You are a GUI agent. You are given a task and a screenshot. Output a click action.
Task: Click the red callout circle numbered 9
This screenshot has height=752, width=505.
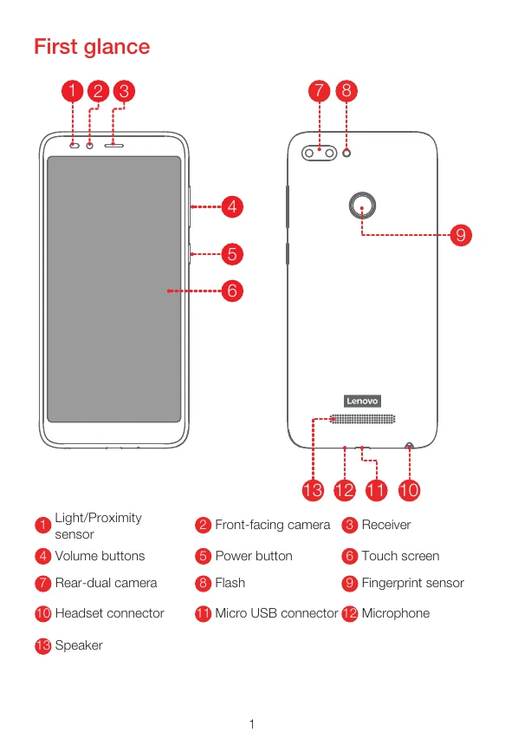461,235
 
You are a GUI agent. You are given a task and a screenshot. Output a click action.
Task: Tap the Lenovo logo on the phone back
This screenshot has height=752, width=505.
362,401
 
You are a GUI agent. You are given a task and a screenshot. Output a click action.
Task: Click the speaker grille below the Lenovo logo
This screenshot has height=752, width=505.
363,419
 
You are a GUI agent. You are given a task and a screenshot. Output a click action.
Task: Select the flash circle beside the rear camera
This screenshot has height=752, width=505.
346,153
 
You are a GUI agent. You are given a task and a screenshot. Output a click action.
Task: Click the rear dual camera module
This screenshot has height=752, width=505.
319,153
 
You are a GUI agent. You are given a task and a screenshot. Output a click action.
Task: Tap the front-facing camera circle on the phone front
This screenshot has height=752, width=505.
89,145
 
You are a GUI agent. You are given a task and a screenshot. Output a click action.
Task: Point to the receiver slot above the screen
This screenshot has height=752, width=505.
114,145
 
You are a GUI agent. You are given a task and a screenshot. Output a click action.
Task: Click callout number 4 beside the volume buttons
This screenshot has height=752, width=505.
232,206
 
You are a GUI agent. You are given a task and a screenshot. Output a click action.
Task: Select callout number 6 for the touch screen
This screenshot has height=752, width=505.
232,291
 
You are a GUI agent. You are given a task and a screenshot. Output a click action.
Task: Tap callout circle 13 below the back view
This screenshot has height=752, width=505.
313,490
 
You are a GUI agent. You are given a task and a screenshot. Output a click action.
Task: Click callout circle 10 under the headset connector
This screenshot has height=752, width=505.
409,490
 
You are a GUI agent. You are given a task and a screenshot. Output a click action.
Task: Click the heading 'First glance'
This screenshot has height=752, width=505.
92,47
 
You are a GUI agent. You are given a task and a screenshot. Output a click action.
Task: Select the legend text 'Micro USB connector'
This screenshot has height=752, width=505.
276,613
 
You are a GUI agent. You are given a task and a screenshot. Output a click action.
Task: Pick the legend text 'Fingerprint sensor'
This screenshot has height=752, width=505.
412,583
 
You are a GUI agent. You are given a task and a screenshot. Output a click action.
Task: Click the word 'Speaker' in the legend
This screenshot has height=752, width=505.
79,645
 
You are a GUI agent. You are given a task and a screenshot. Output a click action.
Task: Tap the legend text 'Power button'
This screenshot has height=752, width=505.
254,556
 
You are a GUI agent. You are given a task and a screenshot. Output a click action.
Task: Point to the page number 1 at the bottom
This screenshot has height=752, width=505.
252,724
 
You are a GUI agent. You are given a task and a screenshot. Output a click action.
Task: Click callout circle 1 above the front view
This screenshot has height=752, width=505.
73,91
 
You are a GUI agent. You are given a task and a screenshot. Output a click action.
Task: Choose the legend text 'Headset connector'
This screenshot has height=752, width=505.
110,613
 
